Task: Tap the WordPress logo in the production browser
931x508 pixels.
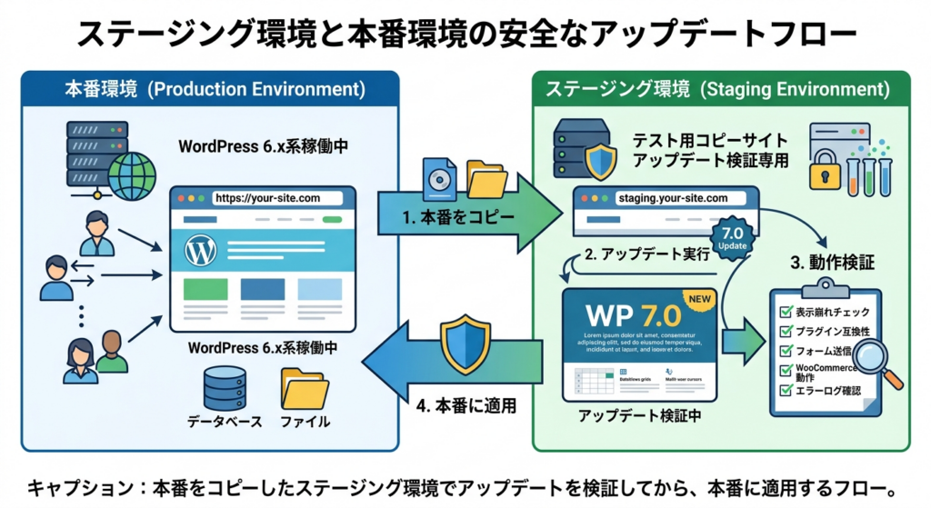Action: coord(200,251)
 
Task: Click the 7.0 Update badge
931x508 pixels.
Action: coord(734,237)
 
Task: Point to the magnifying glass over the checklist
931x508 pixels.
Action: coord(874,358)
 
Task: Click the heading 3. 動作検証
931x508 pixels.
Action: coord(831,263)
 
